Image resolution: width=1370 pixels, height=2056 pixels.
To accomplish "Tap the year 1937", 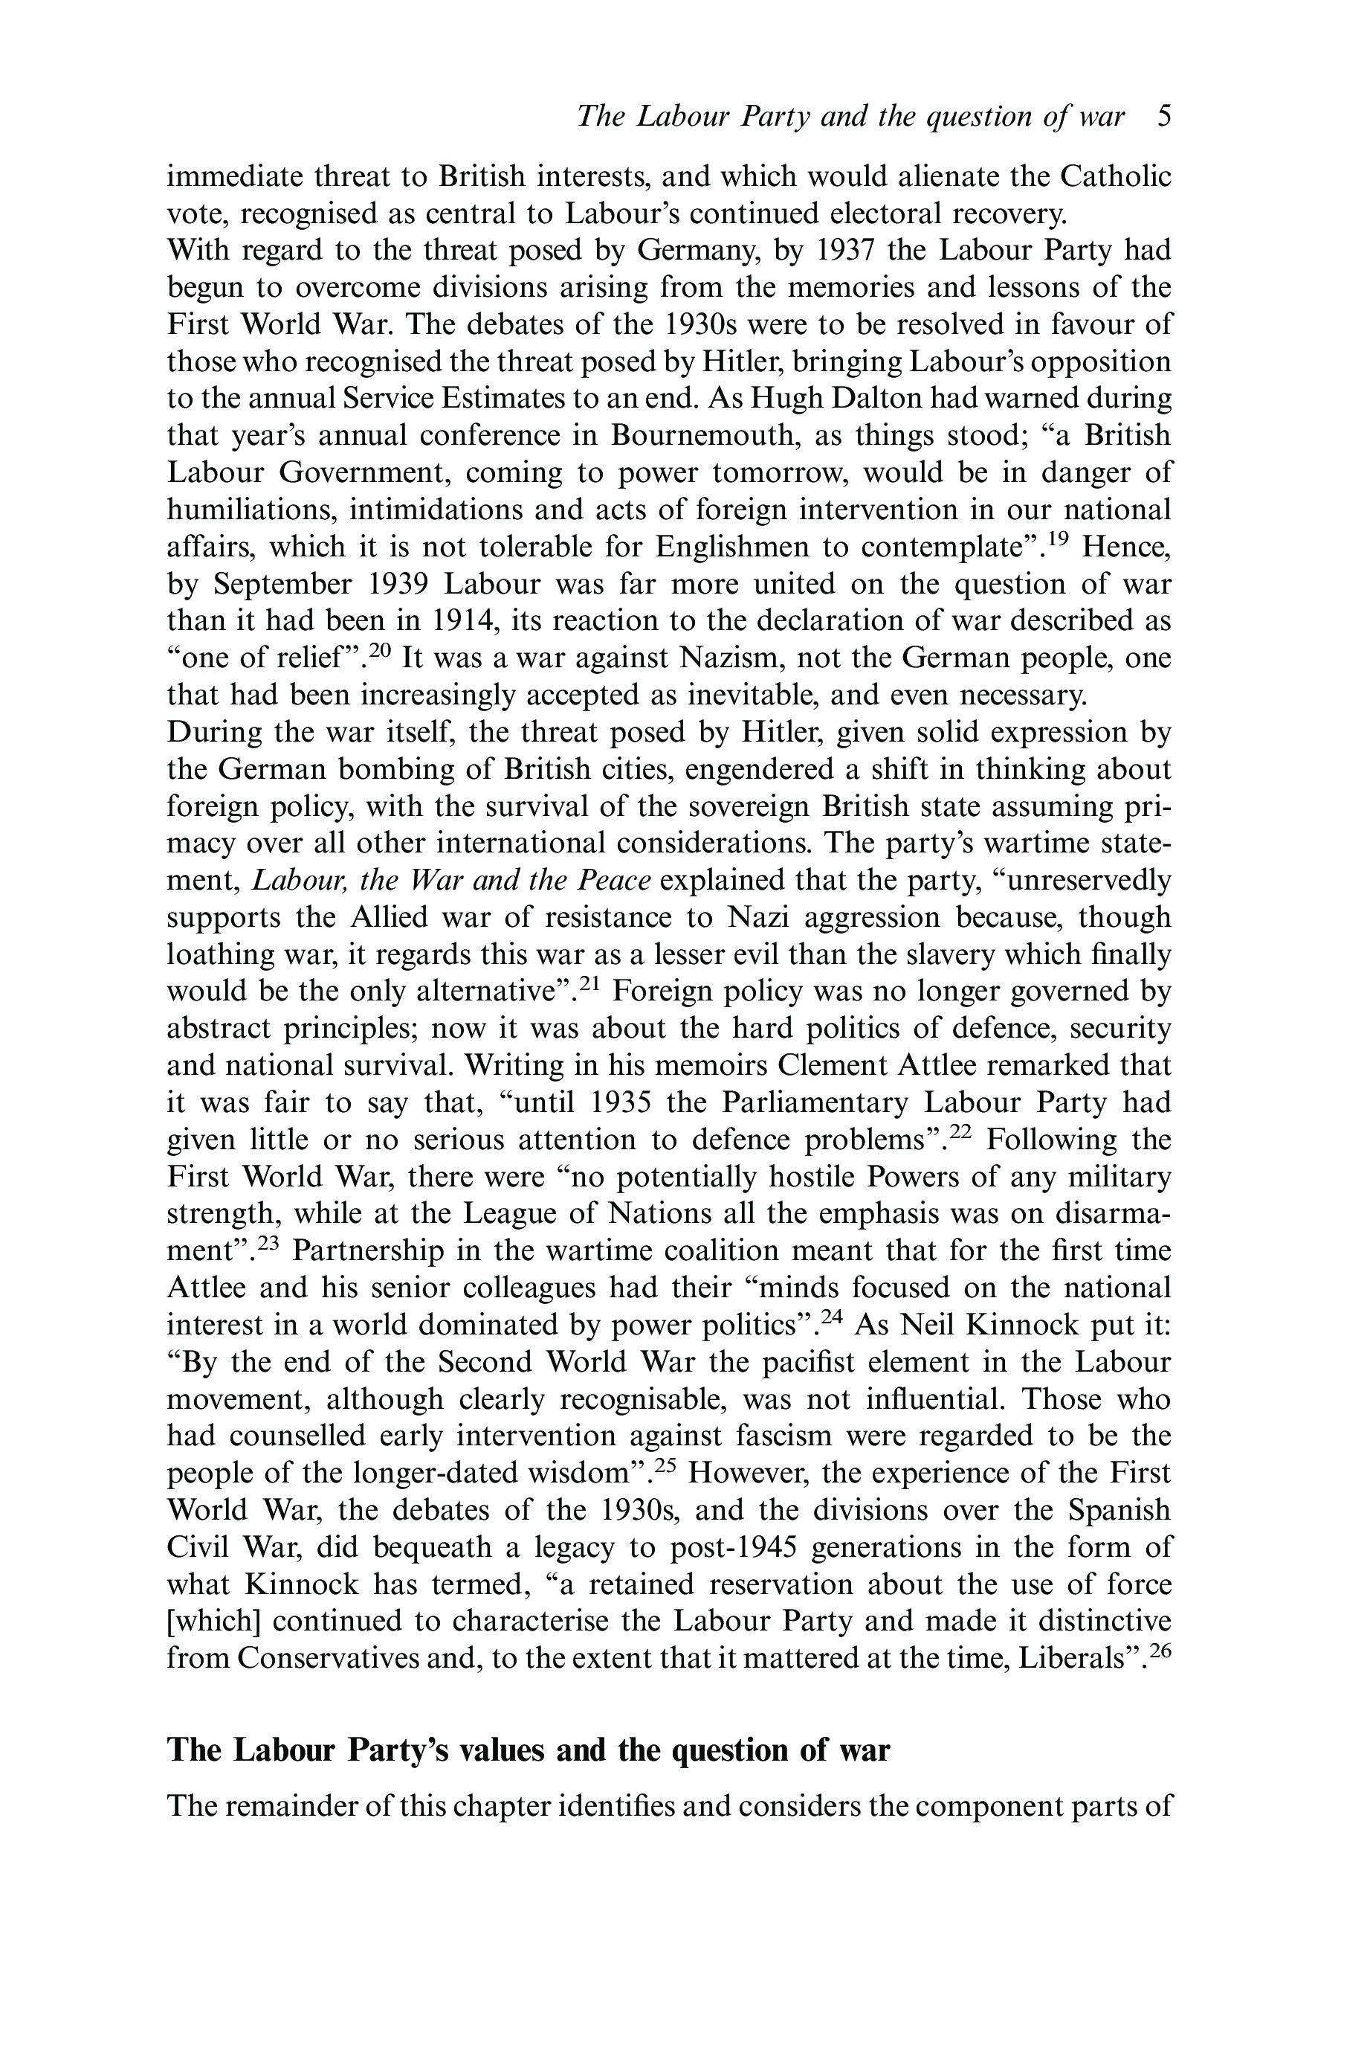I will coord(844,251).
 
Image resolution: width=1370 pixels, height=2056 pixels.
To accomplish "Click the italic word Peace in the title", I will coord(613,880).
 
